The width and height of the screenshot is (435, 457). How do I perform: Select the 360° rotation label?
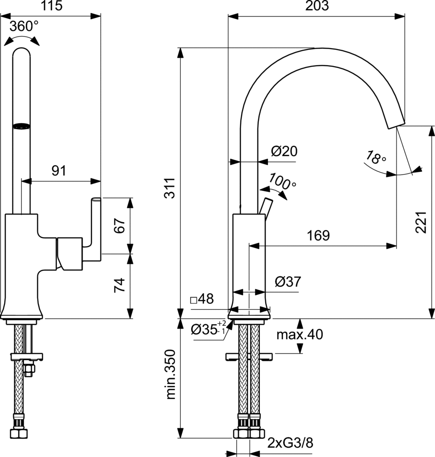point(24,26)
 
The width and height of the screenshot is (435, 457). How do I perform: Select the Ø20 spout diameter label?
point(284,151)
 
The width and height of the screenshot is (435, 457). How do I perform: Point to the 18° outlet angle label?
point(375,158)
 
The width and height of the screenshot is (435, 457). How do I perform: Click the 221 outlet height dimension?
point(421,221)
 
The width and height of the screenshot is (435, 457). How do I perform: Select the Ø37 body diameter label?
point(288,282)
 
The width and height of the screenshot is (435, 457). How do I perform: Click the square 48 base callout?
point(202,299)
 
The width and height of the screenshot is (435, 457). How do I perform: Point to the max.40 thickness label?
point(299,334)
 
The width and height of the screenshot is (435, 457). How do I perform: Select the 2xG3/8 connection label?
point(290,443)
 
